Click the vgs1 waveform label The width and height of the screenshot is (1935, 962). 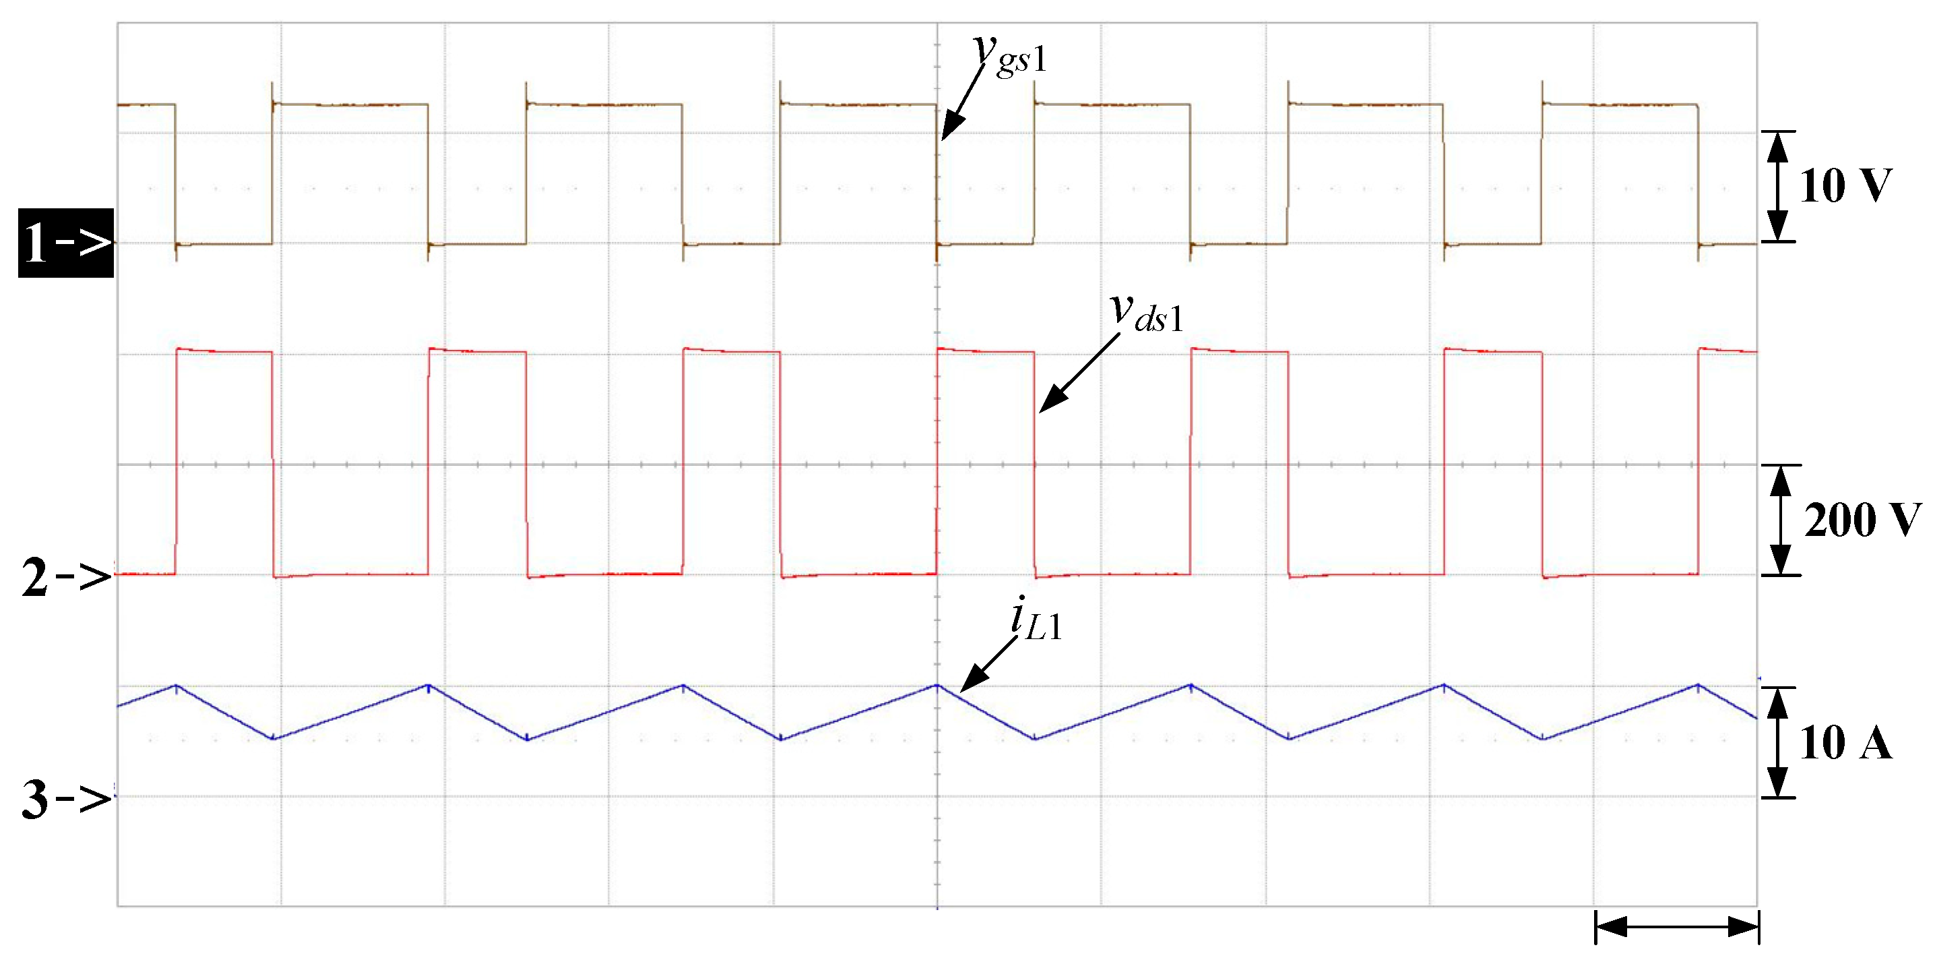click(1011, 54)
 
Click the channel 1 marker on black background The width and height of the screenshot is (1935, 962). click(66, 243)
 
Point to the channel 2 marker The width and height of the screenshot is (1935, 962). click(66, 577)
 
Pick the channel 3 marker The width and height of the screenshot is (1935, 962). click(66, 798)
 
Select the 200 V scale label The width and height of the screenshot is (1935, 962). click(1862, 519)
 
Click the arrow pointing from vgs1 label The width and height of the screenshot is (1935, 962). click(962, 102)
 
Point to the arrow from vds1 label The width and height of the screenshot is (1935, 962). click(1079, 373)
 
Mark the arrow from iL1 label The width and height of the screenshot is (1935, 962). click(989, 663)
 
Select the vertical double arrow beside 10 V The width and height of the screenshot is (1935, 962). click(1777, 186)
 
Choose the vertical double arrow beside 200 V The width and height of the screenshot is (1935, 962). click(1780, 520)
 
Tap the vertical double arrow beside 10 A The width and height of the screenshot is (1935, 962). click(1777, 742)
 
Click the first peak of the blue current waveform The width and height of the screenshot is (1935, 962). click(177, 686)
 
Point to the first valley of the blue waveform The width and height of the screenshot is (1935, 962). click(274, 739)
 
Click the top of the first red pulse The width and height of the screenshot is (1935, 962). click(224, 351)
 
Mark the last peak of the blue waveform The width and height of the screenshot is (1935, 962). click(1699, 686)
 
